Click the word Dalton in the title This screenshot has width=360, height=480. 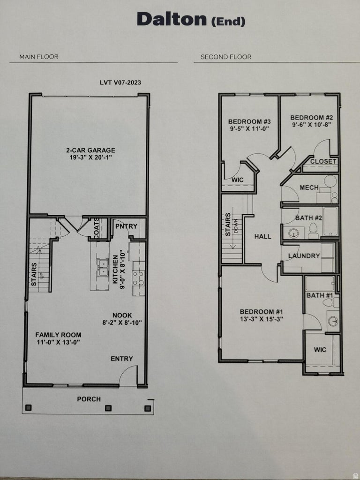171,20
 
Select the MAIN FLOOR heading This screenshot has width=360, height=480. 38,57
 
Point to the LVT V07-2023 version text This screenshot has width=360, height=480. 120,82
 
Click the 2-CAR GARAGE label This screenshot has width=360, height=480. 90,150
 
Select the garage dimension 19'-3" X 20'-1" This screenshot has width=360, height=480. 90,158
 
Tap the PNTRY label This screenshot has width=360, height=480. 126,226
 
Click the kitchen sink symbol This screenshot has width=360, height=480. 102,267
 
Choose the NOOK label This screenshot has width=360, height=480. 122,315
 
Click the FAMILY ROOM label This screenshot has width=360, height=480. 58,335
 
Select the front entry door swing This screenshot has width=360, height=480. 128,375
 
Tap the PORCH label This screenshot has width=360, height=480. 89,399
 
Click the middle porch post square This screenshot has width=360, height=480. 108,408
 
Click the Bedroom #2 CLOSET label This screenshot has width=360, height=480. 323,161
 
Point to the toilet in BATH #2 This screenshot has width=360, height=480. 313,231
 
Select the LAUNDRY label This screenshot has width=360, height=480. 304,256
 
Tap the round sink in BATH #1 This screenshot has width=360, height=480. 333,321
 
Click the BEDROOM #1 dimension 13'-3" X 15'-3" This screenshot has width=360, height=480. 261,319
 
